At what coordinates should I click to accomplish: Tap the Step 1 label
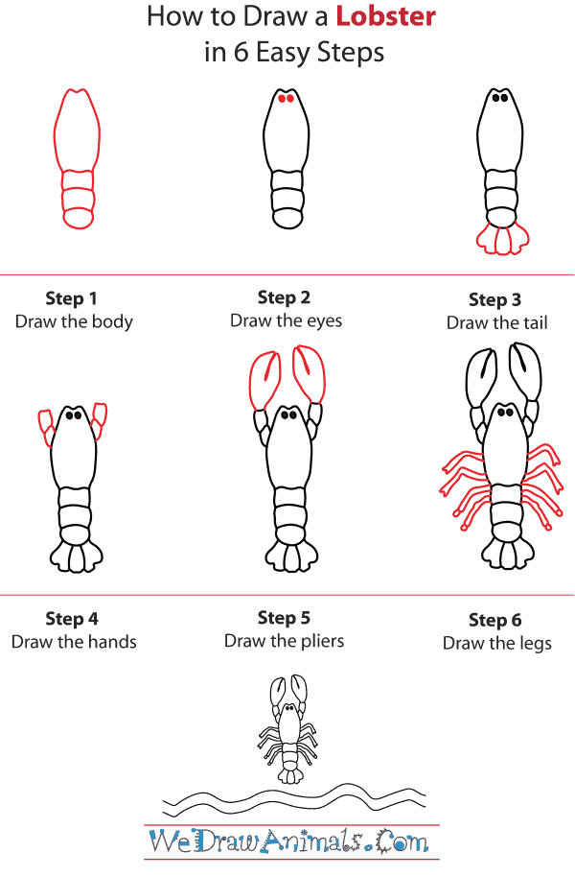pos(72,298)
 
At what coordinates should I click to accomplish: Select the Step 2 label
pos(284,297)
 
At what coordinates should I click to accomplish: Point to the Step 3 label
pos(494,300)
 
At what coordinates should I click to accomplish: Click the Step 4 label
pos(72,619)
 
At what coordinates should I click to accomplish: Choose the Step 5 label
pos(284,618)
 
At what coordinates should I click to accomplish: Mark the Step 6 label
pos(494,620)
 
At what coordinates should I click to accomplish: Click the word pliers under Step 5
pos(318,641)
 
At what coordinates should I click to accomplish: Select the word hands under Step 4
pos(109,642)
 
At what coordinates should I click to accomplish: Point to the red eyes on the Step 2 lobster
pos(285,98)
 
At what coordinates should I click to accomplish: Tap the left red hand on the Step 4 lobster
pos(45,426)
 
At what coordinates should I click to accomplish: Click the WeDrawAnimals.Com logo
pos(287,843)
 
